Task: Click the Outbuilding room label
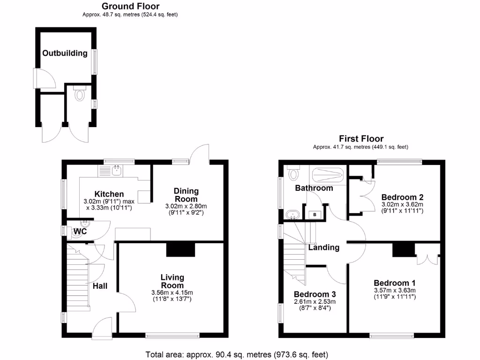tap(65, 53)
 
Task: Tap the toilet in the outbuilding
tap(79, 94)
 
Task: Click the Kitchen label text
tap(109, 194)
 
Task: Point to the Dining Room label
tap(186, 195)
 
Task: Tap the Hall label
tap(101, 286)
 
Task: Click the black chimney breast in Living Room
tap(180, 250)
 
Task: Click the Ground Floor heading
tap(130, 6)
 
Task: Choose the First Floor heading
tap(361, 139)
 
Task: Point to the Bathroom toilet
tap(293, 174)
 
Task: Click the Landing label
tap(323, 247)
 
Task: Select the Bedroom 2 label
tap(402, 197)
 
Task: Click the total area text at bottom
tap(237, 354)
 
